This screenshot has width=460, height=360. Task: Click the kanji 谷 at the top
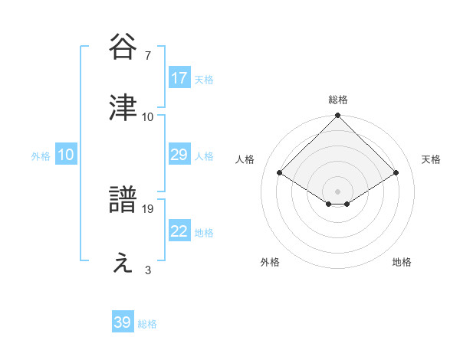click(123, 47)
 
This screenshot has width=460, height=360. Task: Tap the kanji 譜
click(123, 201)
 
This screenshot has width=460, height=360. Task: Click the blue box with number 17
click(179, 78)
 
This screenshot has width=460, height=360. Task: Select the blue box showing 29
click(179, 155)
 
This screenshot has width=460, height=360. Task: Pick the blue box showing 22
click(179, 231)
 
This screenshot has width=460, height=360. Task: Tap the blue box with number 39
click(123, 322)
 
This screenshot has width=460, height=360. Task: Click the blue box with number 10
click(66, 155)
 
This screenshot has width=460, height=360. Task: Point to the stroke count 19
click(149, 208)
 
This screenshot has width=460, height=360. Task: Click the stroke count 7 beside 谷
click(147, 55)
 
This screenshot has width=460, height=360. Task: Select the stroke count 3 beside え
click(147, 270)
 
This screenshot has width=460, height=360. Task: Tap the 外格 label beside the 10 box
click(41, 156)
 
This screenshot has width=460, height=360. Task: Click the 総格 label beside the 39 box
click(147, 324)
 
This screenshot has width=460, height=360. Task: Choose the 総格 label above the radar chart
click(337, 100)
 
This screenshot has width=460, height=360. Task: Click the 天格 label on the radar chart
click(431, 159)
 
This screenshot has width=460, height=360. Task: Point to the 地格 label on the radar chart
click(402, 262)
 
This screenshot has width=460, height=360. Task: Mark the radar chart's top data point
click(337, 116)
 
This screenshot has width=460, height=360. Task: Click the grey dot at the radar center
click(337, 191)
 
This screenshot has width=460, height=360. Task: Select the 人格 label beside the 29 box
click(204, 156)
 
